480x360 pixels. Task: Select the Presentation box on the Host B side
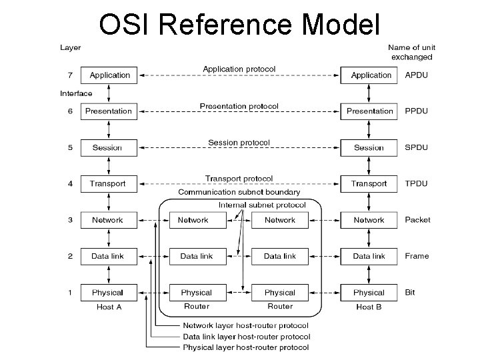[x=369, y=111]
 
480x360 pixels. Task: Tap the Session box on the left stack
[x=107, y=147]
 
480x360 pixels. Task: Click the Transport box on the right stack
[x=369, y=183]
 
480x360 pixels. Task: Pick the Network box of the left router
[x=193, y=219]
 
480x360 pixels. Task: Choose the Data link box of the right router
[x=279, y=256]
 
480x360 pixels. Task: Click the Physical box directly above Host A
[x=107, y=292]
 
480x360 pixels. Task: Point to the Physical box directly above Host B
[x=369, y=292]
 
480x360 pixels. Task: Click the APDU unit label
[x=417, y=75]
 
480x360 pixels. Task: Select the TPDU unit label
[x=417, y=183]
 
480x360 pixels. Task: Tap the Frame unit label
[x=417, y=256]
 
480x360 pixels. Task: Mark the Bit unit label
[x=410, y=292]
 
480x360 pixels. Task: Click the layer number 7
[x=69, y=75]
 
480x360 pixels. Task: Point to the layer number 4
[x=69, y=183]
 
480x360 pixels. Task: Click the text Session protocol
[x=239, y=142]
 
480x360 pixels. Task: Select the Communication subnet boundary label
[x=239, y=192]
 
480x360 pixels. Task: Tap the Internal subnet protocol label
[x=262, y=205]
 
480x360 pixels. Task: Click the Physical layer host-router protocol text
[x=245, y=347]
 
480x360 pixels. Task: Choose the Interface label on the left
[x=76, y=93]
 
